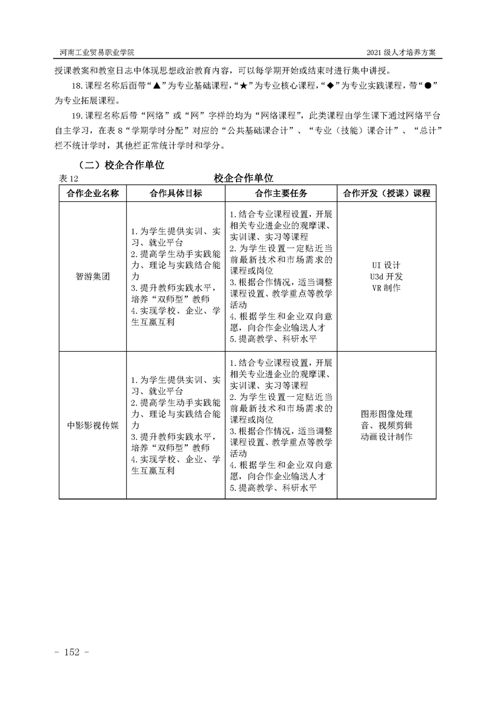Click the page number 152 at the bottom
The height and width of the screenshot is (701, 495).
tap(73, 652)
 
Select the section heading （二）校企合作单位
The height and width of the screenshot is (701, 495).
tap(119, 166)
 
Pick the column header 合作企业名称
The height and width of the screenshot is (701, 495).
tap(92, 193)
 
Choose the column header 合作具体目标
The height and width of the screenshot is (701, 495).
tap(175, 193)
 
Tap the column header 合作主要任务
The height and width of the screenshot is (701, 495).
tap(281, 193)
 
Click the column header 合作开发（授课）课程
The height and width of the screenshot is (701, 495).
tap(386, 193)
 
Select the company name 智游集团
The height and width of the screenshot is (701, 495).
tap(92, 277)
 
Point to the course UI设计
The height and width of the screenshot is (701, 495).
tap(386, 265)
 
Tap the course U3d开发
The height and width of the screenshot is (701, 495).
tap(386, 276)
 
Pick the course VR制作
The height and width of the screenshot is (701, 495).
tap(386, 287)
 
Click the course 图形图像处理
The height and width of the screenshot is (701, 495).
tap(386, 414)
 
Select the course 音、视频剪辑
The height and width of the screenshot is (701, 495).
tap(386, 425)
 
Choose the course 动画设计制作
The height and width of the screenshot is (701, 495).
tap(386, 437)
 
